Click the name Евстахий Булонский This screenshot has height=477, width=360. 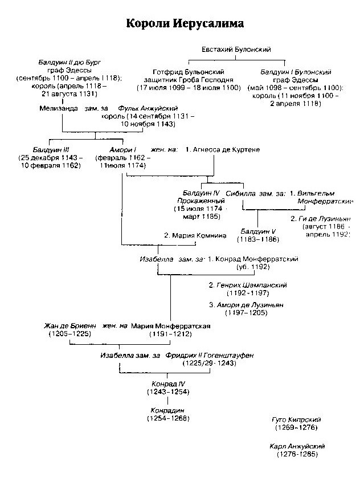pyautogui.click(x=236, y=50)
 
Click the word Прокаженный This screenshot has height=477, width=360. pyautogui.click(x=197, y=202)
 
